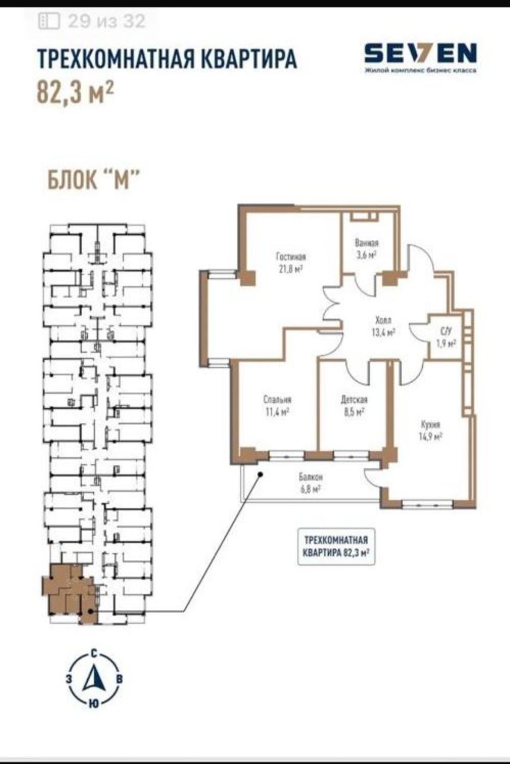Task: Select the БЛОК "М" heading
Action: tap(94, 180)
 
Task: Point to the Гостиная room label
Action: tap(291, 256)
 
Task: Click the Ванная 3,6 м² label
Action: tap(366, 249)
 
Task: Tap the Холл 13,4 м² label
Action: tap(383, 326)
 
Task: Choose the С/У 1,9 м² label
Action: tap(446, 337)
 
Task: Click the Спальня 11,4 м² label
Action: tap(277, 405)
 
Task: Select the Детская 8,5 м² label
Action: tap(354, 405)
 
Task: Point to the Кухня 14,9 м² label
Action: tap(431, 431)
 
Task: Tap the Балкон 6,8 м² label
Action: tap(311, 483)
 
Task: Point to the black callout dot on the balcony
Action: tap(260, 474)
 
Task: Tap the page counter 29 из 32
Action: tap(107, 21)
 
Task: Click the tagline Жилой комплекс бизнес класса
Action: tap(421, 70)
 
